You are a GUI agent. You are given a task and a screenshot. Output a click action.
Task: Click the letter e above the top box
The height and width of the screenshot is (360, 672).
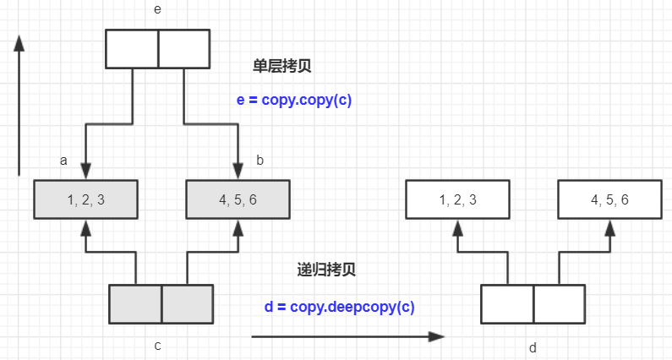pos(158,9)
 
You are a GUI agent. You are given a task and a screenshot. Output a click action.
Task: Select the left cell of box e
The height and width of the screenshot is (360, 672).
pos(132,49)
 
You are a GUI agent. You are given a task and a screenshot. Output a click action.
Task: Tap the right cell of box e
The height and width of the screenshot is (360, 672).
pos(183,49)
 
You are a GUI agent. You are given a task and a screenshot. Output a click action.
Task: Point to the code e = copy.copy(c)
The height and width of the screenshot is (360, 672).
pos(294,100)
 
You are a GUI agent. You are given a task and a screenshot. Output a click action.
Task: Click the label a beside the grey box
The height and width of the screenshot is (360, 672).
pos(63,159)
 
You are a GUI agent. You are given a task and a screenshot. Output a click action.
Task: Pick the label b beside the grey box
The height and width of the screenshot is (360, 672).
pos(260,159)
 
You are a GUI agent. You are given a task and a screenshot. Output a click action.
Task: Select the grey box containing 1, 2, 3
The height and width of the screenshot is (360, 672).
pos(85,199)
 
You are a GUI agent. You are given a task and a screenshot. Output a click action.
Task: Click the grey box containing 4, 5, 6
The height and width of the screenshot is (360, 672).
pos(238,199)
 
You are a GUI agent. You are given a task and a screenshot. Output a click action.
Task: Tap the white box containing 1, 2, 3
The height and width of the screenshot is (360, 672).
pos(456,199)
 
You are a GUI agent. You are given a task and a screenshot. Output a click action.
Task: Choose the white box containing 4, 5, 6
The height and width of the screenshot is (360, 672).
pos(609,199)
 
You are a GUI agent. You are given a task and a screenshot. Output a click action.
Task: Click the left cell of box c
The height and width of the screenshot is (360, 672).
pos(136,304)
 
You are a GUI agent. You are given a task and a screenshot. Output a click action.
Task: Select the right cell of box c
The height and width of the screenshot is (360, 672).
pos(187,304)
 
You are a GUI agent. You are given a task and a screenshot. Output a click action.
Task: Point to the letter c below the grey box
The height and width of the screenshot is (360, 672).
pos(158,345)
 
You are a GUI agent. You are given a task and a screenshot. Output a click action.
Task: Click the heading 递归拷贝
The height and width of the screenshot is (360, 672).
pos(326,270)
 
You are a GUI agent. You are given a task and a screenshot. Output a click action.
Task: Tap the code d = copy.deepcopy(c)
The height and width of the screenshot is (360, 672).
pos(339,307)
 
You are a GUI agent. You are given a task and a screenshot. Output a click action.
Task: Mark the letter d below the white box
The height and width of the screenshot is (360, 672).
pos(533,347)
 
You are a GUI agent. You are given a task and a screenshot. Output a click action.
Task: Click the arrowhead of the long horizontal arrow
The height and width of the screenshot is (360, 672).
pos(436,336)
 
